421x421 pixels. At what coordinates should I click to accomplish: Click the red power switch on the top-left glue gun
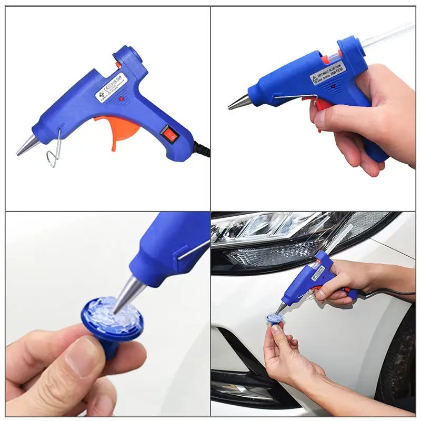169,135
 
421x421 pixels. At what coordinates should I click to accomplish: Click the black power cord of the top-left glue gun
203,149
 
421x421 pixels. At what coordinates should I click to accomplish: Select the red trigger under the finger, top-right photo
321,105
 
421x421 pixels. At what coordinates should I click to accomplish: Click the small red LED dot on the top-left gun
121,98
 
